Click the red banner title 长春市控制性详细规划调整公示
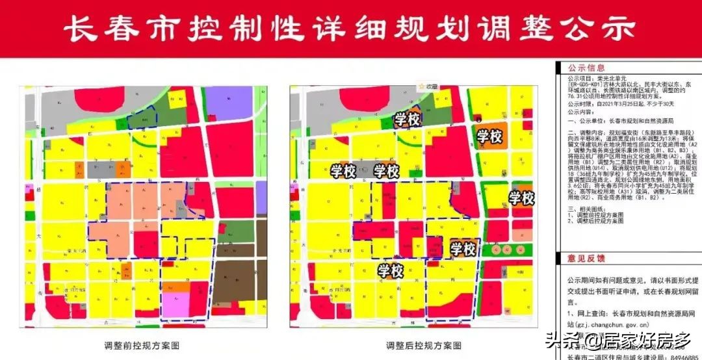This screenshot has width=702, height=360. [x=351, y=29]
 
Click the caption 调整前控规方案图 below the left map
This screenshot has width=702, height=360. [x=141, y=345]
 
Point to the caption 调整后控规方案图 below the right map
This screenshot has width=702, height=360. [x=424, y=345]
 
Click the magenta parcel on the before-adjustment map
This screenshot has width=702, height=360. [x=175, y=305]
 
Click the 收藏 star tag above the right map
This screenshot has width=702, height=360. [x=430, y=86]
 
